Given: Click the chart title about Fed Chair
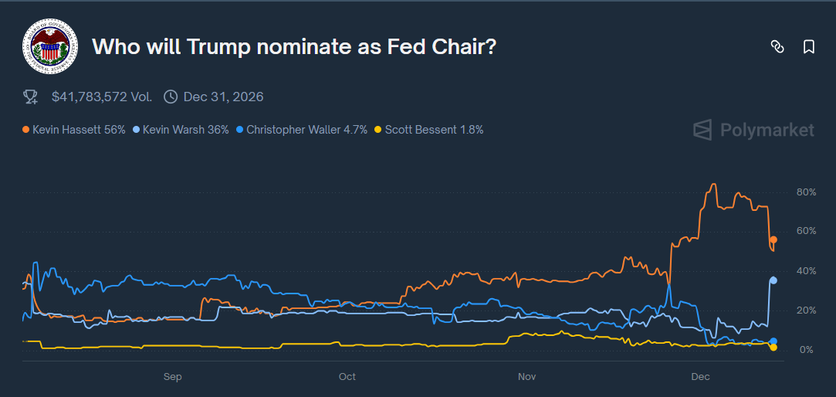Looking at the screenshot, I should tap(294, 46).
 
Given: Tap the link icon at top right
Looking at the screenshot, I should tap(777, 47).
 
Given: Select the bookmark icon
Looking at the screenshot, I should tap(809, 47).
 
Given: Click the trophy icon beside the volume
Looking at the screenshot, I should tap(31, 97).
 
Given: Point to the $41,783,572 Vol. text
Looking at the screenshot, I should tap(102, 97).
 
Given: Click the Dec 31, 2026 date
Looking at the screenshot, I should tap(223, 97).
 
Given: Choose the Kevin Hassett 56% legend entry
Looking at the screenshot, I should tap(74, 130).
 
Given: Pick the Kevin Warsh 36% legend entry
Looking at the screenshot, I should tap(181, 130).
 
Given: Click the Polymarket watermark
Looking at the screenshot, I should tap(753, 130).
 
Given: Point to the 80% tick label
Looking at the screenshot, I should tap(806, 192).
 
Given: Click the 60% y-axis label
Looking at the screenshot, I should tap(806, 231).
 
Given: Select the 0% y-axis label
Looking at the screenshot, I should tap(806, 350).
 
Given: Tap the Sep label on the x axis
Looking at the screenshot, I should tap(172, 377).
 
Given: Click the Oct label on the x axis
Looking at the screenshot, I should tap(347, 377).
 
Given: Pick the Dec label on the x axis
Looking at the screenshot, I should tap(700, 377).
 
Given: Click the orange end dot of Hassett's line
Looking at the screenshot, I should tap(773, 240).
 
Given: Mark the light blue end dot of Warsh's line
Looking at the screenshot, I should tap(773, 280).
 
